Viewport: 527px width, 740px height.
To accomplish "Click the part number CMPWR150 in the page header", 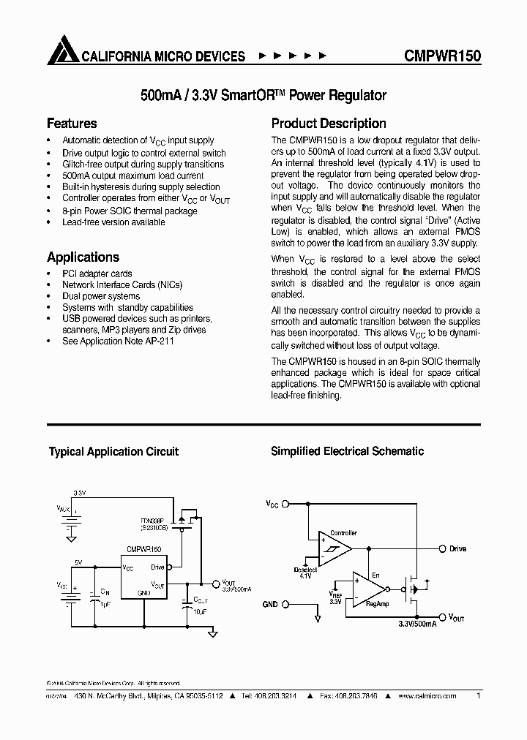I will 442,56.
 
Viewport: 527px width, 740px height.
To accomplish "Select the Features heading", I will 72,124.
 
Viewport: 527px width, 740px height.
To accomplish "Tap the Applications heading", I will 83,257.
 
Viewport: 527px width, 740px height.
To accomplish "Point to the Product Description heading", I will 329,124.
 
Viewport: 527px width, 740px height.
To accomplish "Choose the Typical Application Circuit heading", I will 113,451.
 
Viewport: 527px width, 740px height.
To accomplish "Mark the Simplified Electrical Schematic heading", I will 347,451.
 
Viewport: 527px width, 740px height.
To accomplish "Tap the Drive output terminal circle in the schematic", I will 442,548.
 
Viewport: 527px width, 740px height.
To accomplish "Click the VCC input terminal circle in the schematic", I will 285,503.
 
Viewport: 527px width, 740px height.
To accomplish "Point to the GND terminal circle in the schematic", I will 285,604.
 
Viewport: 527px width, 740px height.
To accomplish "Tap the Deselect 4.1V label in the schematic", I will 304,573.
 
